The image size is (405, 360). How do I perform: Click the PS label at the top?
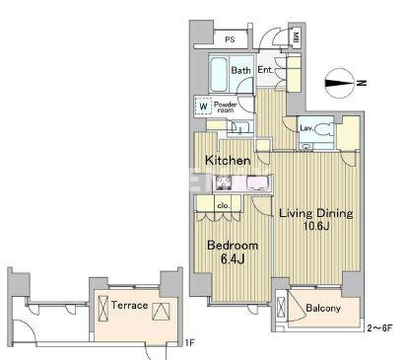(x=230, y=39)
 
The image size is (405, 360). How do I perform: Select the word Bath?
(x=240, y=70)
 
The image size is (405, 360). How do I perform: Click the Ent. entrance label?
(x=265, y=70)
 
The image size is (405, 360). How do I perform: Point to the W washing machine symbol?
(x=203, y=107)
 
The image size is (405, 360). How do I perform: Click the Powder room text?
(x=226, y=108)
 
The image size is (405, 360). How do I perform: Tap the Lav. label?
(x=306, y=128)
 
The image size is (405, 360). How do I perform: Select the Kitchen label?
(x=228, y=161)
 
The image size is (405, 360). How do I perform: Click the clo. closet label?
(x=224, y=206)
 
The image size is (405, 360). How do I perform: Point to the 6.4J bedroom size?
(x=233, y=259)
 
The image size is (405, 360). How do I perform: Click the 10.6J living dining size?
(x=316, y=226)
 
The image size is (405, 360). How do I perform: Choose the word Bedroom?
(x=233, y=246)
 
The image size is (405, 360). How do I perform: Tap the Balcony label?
(x=323, y=308)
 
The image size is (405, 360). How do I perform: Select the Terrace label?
(x=129, y=305)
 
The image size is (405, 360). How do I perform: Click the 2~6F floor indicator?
(x=379, y=328)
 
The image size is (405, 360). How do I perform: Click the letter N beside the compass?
(x=362, y=83)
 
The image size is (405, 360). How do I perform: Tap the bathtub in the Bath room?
(x=219, y=75)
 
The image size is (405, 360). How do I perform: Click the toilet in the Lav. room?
(x=323, y=129)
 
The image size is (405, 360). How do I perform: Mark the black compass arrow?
(x=340, y=83)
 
